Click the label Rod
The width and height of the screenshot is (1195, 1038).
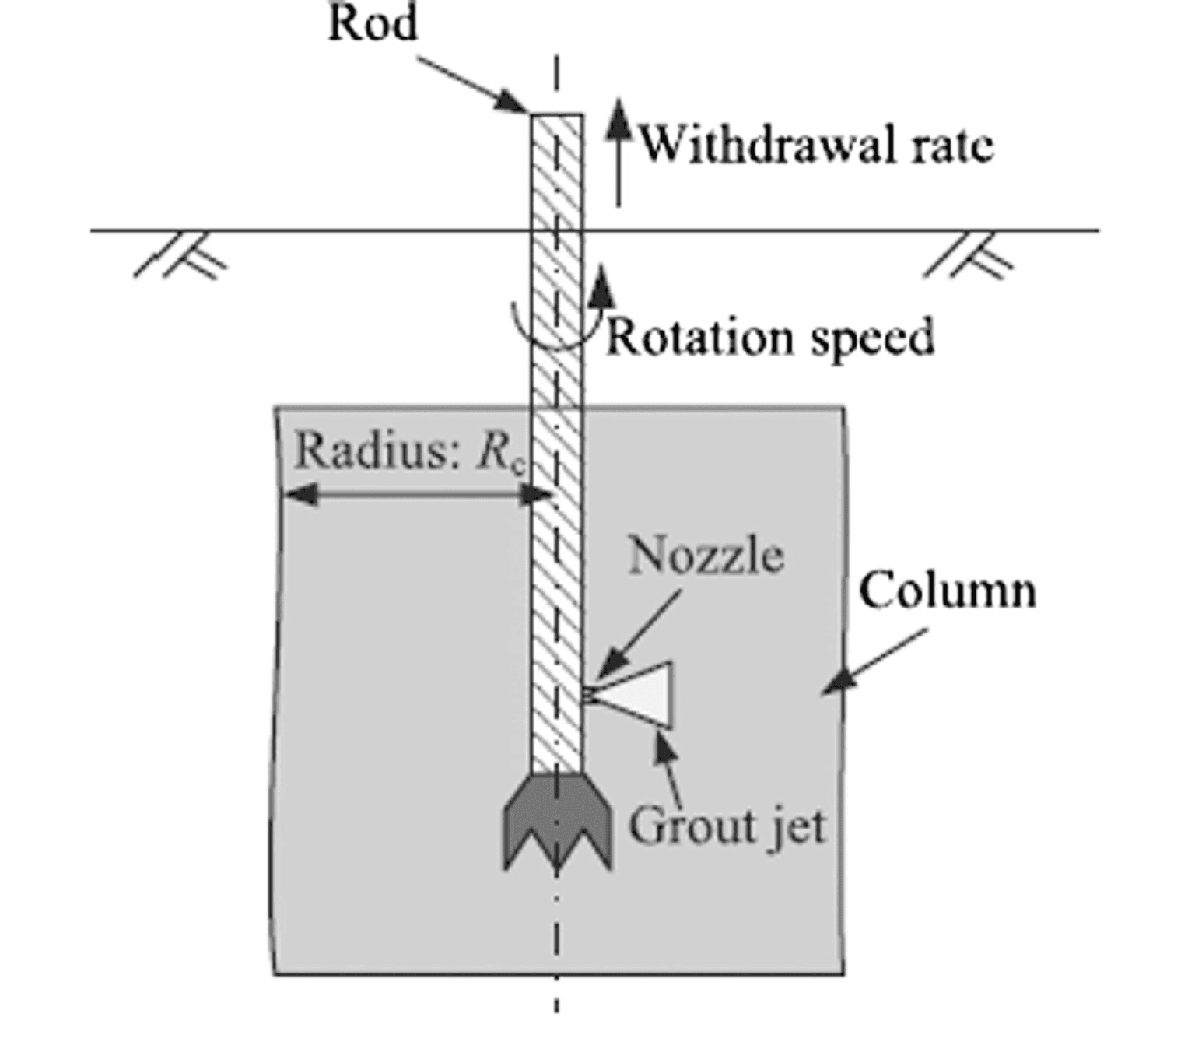click(373, 23)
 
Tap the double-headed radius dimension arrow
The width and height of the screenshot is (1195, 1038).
click(416, 493)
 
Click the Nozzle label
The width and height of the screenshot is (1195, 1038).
click(706, 556)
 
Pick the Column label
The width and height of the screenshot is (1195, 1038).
click(947, 591)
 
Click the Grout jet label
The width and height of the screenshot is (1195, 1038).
click(727, 826)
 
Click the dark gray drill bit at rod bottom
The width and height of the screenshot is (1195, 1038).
click(557, 821)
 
